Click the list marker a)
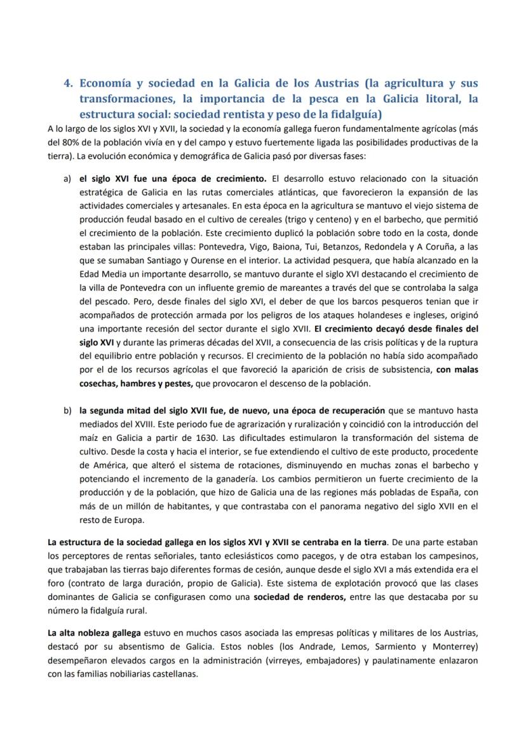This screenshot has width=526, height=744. click(x=67, y=179)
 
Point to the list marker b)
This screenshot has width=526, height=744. click(x=67, y=410)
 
